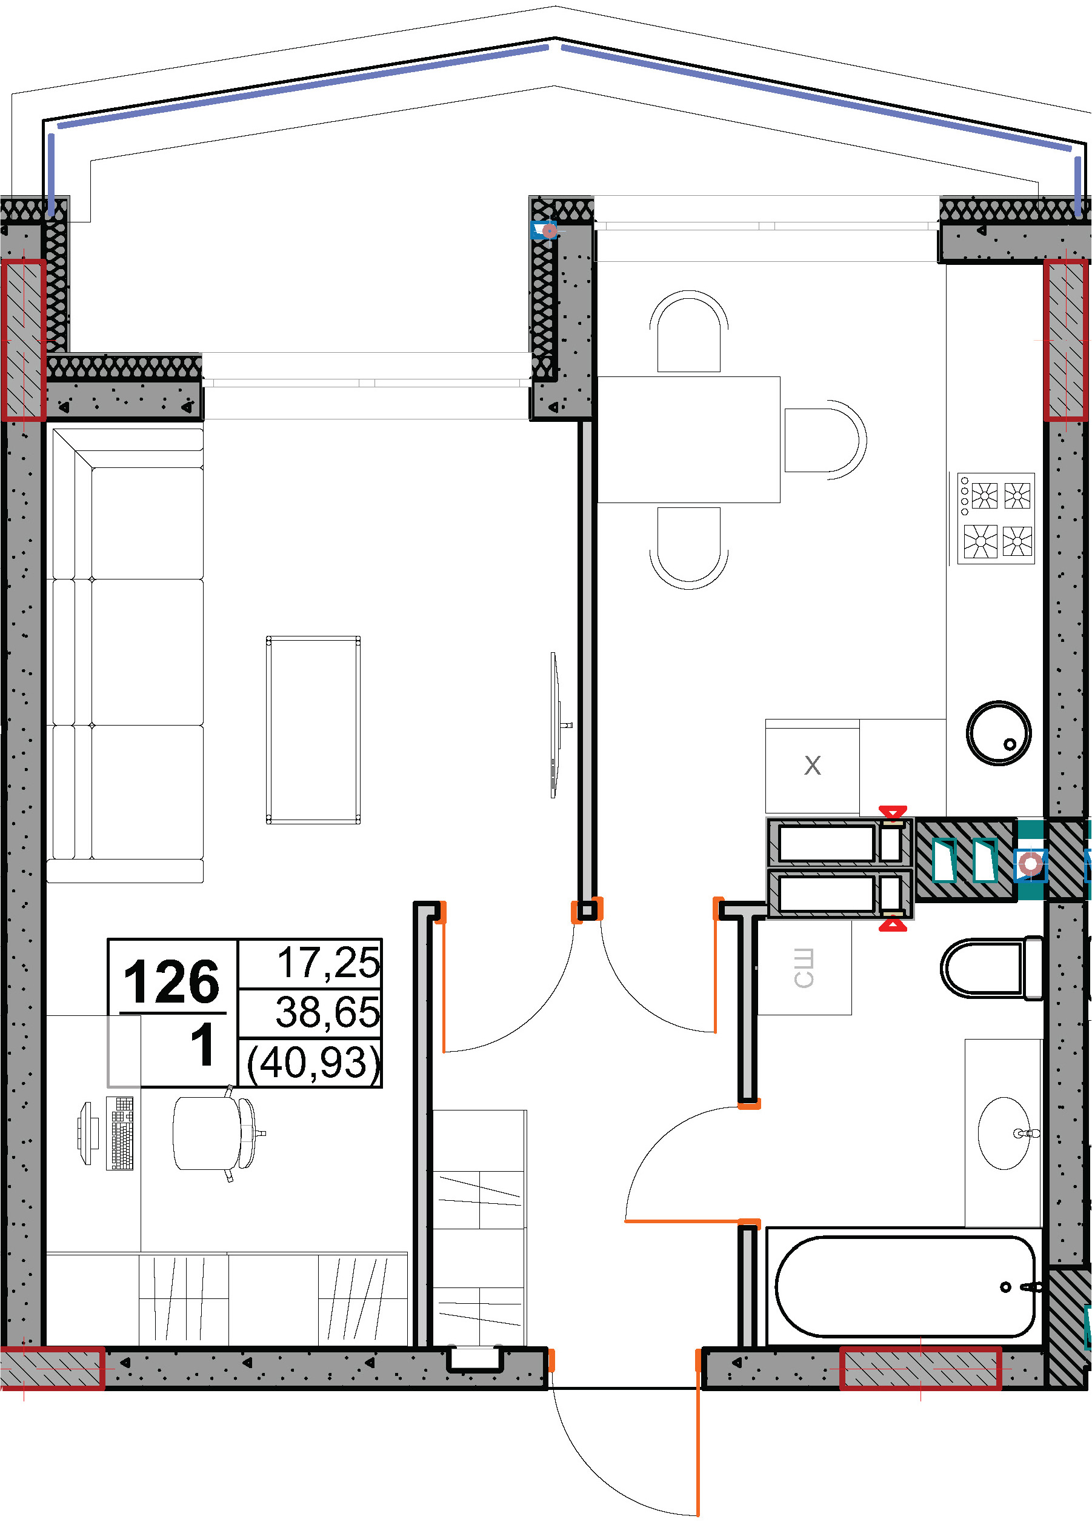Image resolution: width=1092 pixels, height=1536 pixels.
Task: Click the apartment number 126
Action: click(171, 982)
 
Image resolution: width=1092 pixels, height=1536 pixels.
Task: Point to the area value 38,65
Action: click(327, 1012)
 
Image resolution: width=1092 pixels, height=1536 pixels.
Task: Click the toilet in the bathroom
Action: click(992, 968)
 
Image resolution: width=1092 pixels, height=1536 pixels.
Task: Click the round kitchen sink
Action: click(999, 733)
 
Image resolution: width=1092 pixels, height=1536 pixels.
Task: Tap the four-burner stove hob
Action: click(996, 518)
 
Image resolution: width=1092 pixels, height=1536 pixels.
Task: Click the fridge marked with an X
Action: click(812, 766)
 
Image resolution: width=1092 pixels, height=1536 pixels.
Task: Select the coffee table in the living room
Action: click(313, 730)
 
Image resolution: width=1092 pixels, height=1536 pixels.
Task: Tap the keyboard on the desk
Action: click(120, 1134)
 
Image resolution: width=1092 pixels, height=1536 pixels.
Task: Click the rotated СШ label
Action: click(804, 968)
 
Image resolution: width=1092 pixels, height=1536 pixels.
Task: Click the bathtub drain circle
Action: click(1006, 1287)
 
